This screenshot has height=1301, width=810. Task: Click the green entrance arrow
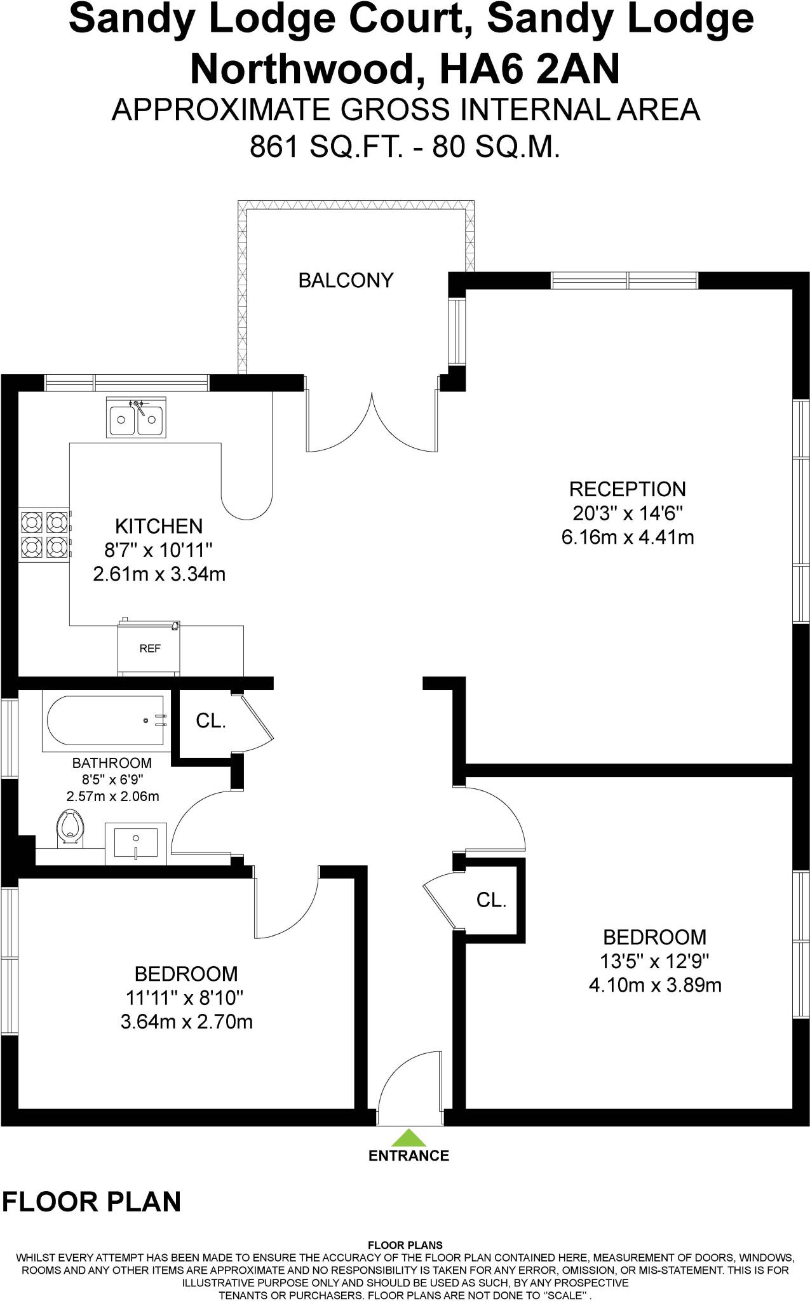pos(408,1136)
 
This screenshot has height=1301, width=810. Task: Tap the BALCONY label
pos(346,280)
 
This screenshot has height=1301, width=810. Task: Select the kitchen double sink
pos(136,418)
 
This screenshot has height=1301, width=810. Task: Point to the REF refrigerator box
pos(149,649)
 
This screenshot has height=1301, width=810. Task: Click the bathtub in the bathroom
pos(105,720)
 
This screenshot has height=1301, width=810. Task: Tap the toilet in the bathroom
pos(69,827)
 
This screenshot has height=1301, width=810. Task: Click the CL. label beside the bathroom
pos(210,721)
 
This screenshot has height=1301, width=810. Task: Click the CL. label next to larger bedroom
pos(491,900)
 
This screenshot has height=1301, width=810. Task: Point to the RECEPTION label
pos(627,489)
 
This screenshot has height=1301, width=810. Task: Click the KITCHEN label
pos(159,526)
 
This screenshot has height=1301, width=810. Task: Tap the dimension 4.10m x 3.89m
pos(655,985)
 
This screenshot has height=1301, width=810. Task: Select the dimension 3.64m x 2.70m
pos(186,1022)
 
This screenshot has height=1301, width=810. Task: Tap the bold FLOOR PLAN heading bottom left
pos(92,1201)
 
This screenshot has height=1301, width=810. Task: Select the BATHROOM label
pos(112,763)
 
